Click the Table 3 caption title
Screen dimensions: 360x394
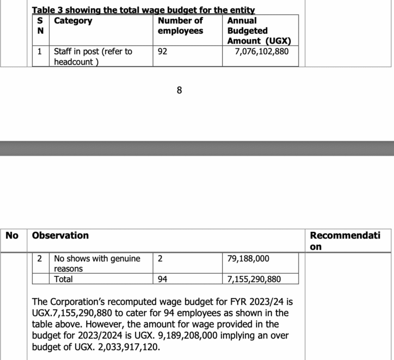143,10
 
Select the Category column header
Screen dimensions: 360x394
73,21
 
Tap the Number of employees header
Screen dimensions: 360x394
180,26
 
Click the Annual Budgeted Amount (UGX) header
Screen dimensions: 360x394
255,31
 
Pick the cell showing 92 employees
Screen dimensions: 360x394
163,52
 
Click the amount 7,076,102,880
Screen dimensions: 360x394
262,52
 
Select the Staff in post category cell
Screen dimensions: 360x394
93,56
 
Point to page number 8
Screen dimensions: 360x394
179,91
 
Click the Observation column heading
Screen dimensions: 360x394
60,235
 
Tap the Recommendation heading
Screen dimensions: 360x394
345,241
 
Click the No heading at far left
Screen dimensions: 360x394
12,235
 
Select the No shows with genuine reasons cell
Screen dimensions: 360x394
97,264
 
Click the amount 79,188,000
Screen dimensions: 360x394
248,259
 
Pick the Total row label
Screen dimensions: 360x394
63,279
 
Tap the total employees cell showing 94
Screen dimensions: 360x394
163,279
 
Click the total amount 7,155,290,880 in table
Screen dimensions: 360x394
254,279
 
